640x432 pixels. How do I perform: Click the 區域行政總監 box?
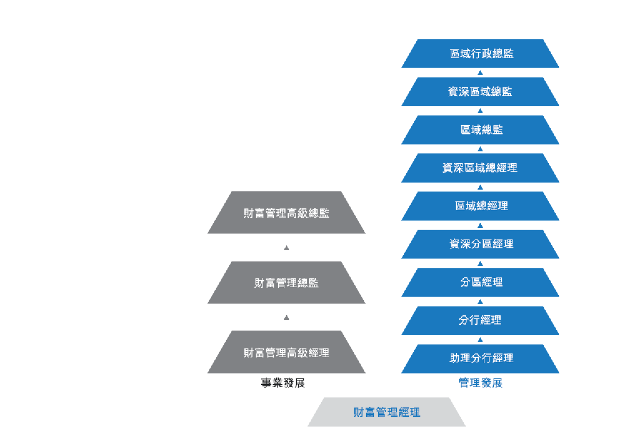coord(480,53)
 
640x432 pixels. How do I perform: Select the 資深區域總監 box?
coord(480,92)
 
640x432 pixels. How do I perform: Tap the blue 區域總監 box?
coord(480,130)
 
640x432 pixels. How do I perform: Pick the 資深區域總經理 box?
coord(480,168)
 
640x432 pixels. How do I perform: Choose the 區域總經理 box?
coord(480,206)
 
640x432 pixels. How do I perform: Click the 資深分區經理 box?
coord(480,244)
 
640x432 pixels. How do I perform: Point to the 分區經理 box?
coord(480,282)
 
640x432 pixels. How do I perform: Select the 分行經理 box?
coord(480,321)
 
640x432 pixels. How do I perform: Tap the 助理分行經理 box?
coord(480,359)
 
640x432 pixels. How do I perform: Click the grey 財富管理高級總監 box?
coord(286,213)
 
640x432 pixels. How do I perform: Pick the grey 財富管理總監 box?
coord(286,282)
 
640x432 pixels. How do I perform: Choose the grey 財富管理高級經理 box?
coord(286,352)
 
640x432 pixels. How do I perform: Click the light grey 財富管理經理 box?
coord(387,412)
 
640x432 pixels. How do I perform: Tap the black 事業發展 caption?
coord(283,383)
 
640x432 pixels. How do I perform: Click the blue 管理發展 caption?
coord(481,383)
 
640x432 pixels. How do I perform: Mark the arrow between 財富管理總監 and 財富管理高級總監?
coord(286,248)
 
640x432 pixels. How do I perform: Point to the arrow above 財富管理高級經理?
coord(286,317)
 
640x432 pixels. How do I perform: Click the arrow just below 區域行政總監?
coord(480,73)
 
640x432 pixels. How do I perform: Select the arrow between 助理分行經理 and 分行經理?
coord(480,340)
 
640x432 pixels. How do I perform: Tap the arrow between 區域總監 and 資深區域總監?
coord(480,111)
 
